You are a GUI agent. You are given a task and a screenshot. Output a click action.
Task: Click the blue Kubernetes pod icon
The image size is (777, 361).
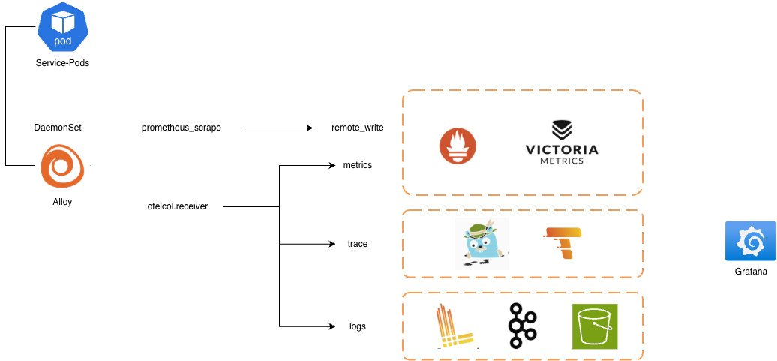point(63,27)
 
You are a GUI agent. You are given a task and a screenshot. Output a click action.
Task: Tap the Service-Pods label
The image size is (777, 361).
point(62,63)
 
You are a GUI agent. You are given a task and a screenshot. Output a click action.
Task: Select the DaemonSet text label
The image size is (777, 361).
point(58,128)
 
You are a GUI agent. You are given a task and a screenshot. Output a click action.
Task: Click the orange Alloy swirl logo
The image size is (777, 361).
point(62,165)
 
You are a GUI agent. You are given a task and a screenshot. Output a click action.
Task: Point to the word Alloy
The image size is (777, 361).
point(62,203)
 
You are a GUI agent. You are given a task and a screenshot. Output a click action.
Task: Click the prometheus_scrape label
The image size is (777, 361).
point(181,128)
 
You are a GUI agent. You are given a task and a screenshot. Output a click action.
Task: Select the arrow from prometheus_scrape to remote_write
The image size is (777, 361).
point(280,128)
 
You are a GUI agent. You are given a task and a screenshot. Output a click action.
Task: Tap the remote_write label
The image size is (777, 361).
point(358,128)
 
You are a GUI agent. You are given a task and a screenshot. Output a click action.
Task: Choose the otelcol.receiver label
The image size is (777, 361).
point(178,206)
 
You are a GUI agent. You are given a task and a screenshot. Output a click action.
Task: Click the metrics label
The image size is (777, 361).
point(358,165)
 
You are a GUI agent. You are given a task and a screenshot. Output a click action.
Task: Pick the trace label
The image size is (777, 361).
point(358,244)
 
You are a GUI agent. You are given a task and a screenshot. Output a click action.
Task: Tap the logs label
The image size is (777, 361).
point(358,326)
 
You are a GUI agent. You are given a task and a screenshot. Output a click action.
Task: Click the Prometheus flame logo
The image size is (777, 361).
point(457,146)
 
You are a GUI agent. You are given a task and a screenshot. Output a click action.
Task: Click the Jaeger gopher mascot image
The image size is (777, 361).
point(482,243)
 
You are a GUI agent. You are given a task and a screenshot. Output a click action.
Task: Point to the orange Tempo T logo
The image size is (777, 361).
point(563,243)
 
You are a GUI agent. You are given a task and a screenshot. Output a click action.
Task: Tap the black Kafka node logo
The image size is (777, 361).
point(522,325)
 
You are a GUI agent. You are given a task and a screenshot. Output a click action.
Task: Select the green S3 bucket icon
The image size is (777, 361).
point(595,326)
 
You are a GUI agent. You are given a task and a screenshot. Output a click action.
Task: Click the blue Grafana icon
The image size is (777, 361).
point(751,241)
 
